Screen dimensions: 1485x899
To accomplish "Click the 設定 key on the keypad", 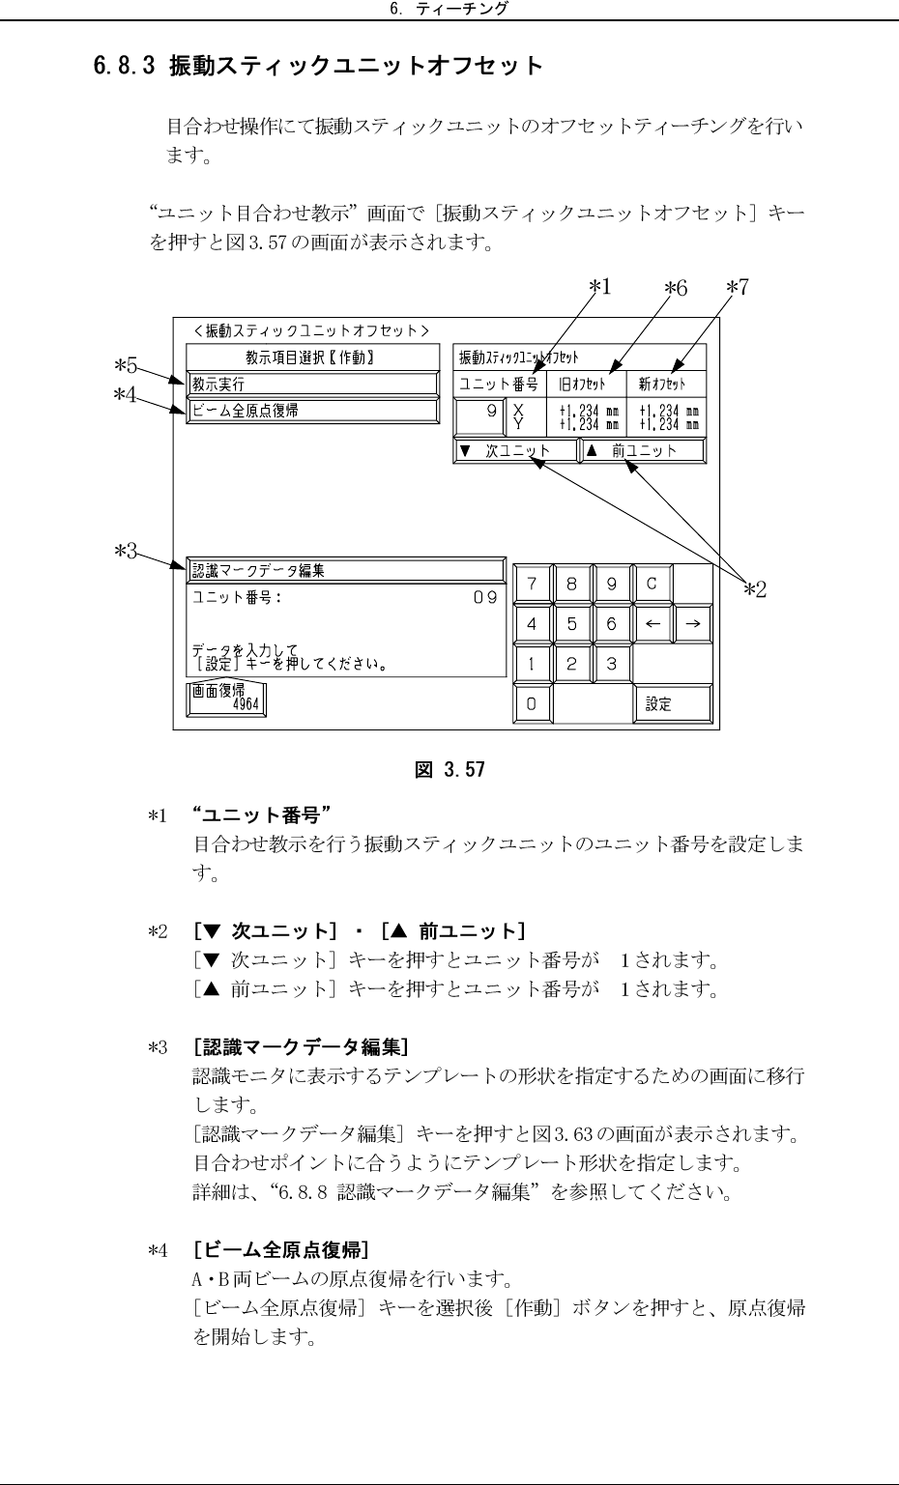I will (x=672, y=704).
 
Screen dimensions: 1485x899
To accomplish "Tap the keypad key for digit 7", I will (x=532, y=584).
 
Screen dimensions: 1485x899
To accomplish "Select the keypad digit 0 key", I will (x=532, y=704).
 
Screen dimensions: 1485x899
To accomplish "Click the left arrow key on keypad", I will (x=652, y=624).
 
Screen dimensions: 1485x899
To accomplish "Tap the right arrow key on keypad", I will (x=692, y=624).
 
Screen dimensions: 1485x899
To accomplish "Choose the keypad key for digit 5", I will (x=571, y=624).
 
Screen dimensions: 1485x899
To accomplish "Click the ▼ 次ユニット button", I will (x=515, y=451).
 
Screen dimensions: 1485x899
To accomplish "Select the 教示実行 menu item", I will (x=311, y=385).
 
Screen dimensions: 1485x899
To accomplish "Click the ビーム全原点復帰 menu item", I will (x=311, y=411).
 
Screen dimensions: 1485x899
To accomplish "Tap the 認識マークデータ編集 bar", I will (x=345, y=570).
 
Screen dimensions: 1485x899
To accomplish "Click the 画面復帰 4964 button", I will (x=227, y=699).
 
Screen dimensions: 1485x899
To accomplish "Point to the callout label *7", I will (x=738, y=287).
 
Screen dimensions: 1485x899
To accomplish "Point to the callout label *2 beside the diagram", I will (x=754, y=588).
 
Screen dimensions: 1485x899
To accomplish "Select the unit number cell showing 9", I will (x=479, y=416).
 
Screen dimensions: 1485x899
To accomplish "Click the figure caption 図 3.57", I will (x=449, y=770).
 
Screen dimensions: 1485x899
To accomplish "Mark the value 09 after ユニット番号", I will (x=484, y=598).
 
